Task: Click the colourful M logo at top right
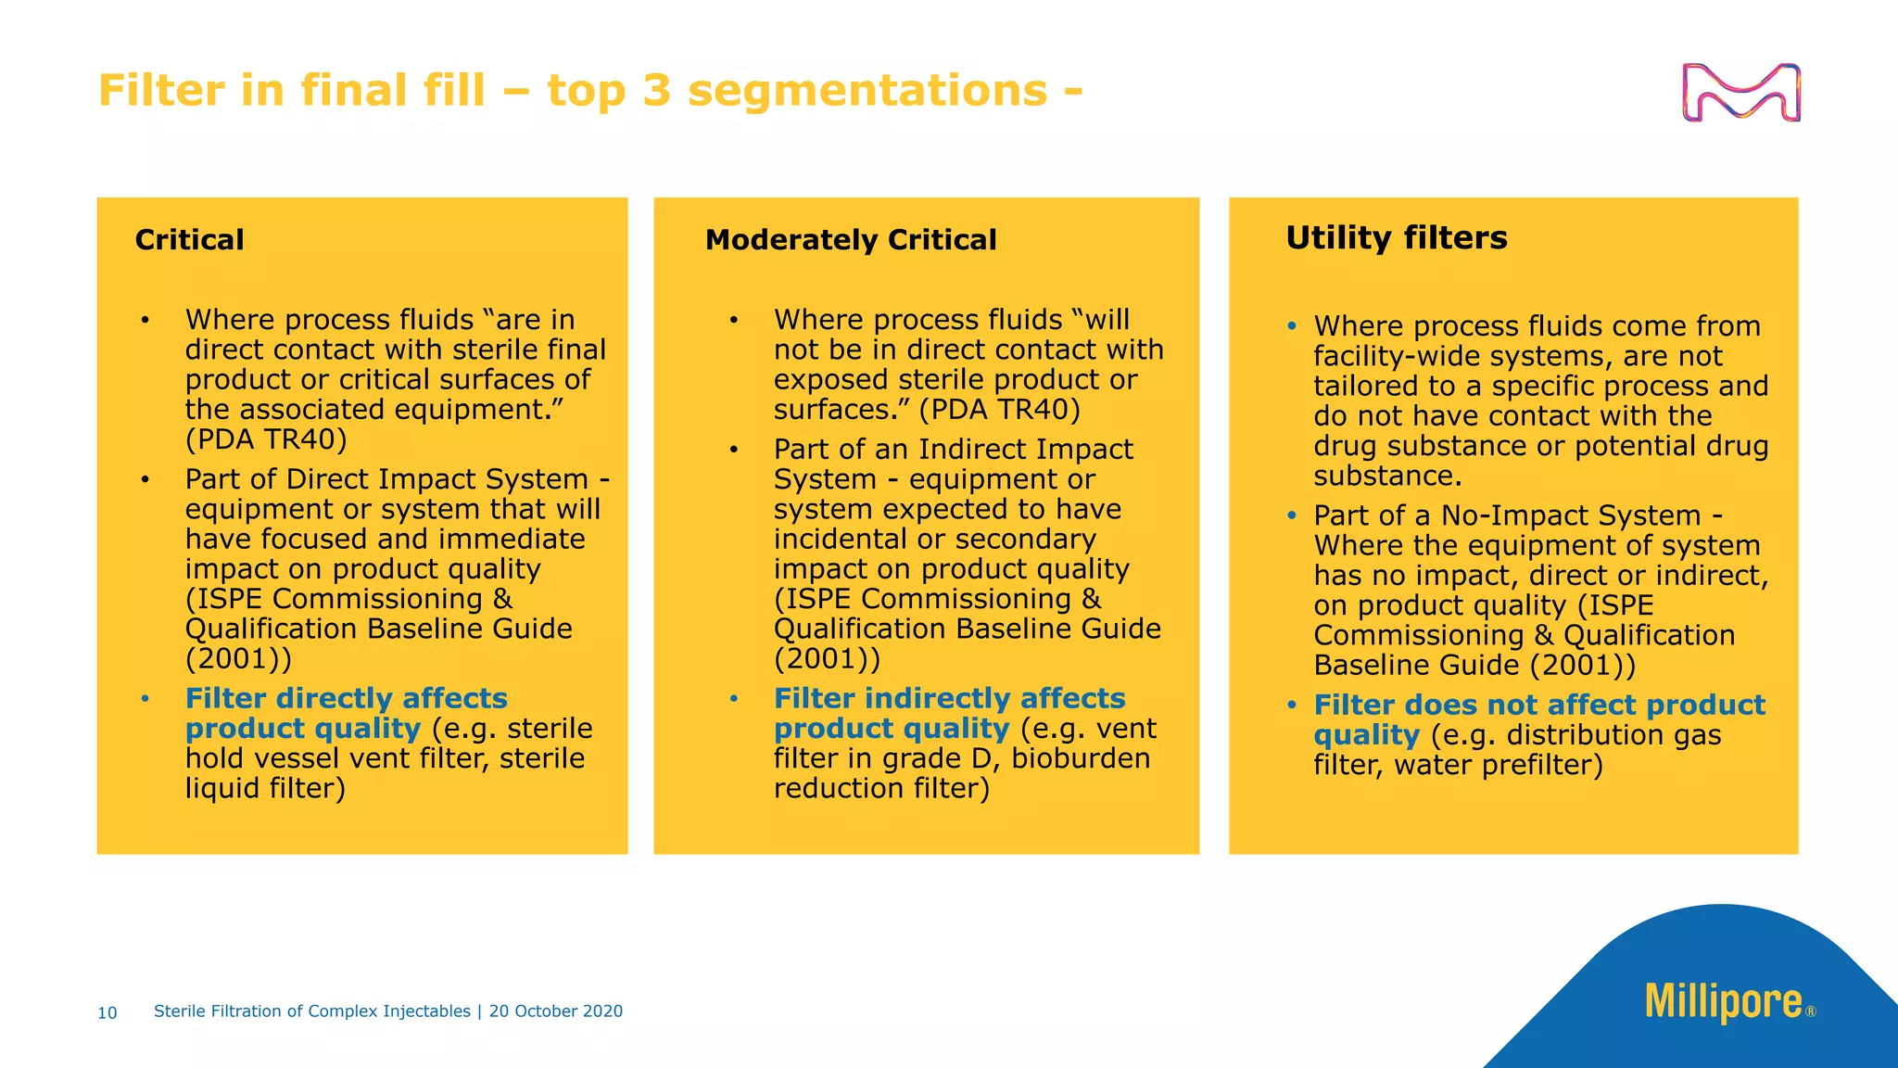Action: click(x=1740, y=93)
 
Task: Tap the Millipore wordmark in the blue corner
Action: click(x=1723, y=1002)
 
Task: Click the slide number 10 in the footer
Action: click(x=108, y=1013)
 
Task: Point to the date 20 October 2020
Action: click(x=556, y=1011)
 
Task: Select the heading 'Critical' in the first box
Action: click(x=189, y=240)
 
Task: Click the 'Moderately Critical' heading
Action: click(x=850, y=240)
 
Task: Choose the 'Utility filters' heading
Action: click(x=1396, y=238)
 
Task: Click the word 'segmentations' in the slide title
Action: click(x=867, y=91)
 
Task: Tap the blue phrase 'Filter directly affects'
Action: click(x=346, y=698)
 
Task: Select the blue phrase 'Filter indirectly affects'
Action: click(x=949, y=698)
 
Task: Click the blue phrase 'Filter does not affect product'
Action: click(x=1538, y=705)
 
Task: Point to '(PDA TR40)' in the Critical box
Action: click(x=266, y=439)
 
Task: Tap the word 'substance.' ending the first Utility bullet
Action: click(x=1387, y=477)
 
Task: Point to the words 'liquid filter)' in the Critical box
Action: click(x=265, y=788)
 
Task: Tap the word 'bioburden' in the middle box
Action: click(x=1080, y=758)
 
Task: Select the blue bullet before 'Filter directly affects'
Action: click(x=146, y=698)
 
